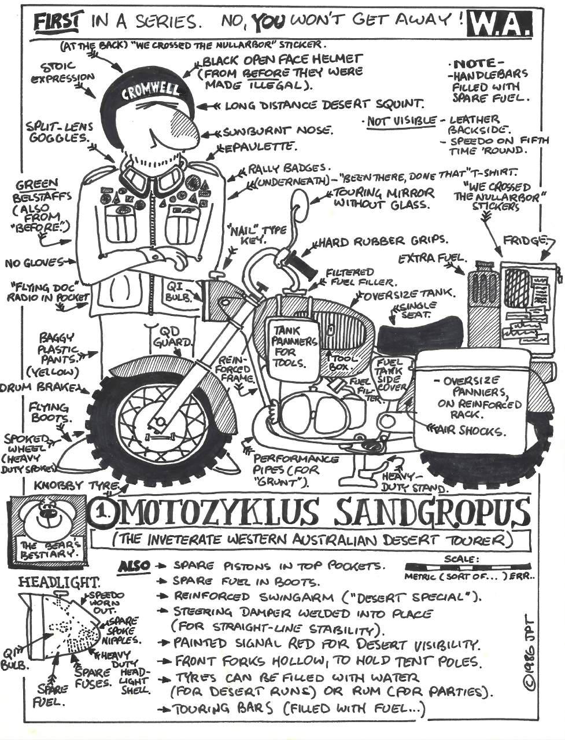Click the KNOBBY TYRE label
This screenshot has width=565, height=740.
(77, 485)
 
